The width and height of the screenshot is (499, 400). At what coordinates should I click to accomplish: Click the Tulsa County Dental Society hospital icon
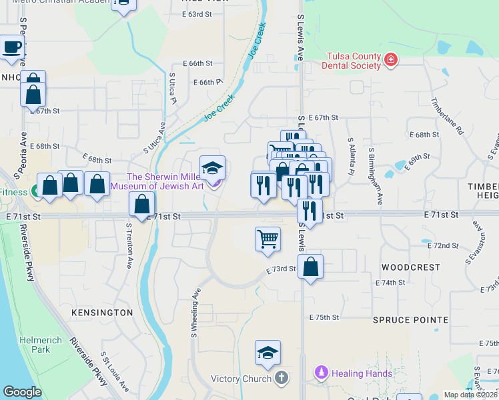coord(390,61)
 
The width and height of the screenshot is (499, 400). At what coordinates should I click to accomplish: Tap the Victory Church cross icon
coord(282,379)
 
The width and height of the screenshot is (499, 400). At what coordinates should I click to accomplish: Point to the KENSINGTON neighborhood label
coord(101,312)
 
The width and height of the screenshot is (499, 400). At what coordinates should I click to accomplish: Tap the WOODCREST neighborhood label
coord(410,267)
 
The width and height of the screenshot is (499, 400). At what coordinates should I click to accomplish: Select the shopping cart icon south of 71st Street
coord(268,239)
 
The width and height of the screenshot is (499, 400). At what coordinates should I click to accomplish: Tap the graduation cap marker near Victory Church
coord(268,353)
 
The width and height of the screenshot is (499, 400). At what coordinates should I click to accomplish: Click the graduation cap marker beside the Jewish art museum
coord(212,168)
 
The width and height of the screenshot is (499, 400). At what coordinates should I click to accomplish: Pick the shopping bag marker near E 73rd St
coord(310,267)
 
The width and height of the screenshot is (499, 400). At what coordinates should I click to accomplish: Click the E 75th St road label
coord(324,317)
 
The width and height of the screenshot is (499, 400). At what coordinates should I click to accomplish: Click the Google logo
coord(22,392)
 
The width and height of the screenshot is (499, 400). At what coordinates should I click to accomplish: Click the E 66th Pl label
coord(207,82)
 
